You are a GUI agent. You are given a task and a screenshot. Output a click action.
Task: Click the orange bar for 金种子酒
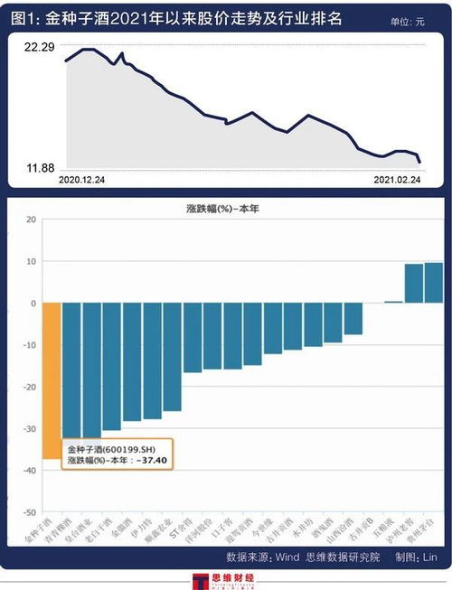coord(51,379)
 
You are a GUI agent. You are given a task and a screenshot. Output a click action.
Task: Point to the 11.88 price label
coord(39,168)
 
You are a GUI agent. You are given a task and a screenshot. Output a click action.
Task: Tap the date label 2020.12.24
coord(81,181)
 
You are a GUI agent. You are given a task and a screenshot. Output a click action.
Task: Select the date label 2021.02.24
coord(398,181)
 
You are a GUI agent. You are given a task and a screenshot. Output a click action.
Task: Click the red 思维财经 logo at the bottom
coord(226,580)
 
